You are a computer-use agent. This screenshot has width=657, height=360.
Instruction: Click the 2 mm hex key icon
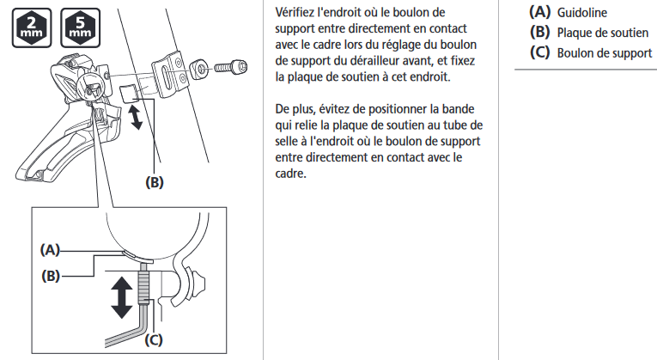[x=32, y=27]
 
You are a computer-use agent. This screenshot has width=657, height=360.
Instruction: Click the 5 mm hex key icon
[x=81, y=27]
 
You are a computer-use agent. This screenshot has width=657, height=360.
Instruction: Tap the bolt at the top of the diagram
[x=231, y=67]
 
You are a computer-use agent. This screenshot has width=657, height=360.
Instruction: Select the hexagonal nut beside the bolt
[x=198, y=69]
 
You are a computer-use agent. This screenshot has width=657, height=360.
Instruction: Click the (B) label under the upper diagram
[x=155, y=182]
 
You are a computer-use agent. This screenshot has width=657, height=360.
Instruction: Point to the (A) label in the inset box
[x=50, y=250]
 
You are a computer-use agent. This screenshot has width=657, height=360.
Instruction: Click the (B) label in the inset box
[x=51, y=276]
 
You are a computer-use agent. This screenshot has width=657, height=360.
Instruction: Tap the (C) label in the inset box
[x=154, y=339]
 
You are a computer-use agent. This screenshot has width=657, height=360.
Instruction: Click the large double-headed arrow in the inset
[x=122, y=298]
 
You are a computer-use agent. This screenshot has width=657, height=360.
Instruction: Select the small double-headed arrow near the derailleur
[x=136, y=118]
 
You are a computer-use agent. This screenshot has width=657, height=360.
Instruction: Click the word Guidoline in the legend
[x=581, y=13]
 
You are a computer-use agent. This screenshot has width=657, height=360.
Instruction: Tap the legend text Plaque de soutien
[x=603, y=33]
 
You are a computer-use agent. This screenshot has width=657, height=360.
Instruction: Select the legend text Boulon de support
[x=605, y=53]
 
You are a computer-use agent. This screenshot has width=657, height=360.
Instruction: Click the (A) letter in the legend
[x=539, y=12]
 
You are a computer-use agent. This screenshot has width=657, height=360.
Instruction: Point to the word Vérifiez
[x=295, y=12]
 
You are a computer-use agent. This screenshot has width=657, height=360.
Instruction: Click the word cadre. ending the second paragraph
[x=291, y=173]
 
